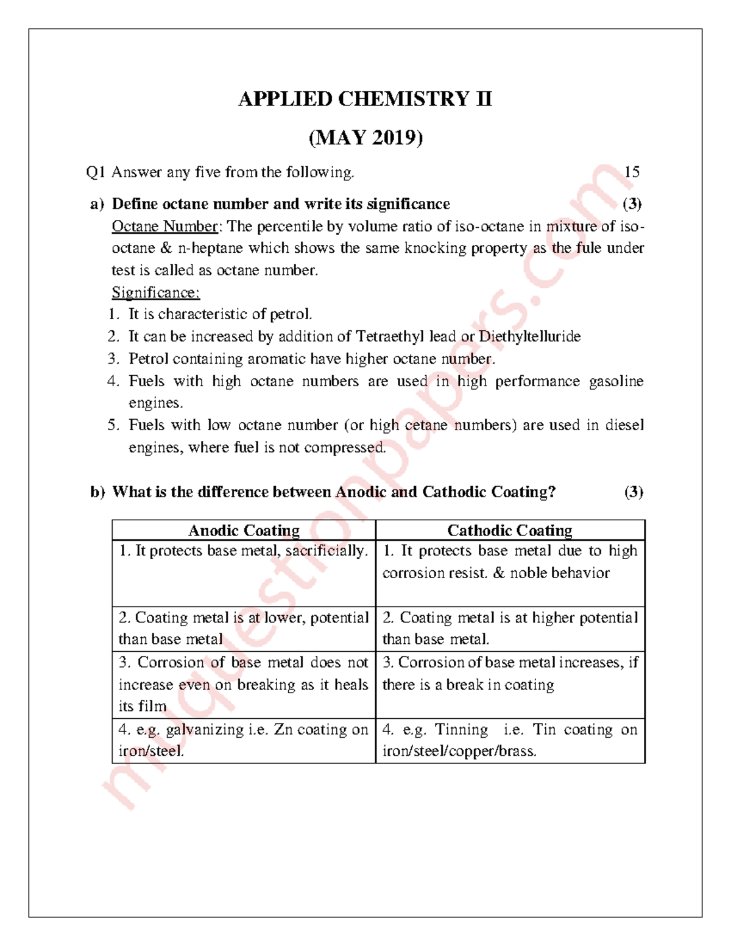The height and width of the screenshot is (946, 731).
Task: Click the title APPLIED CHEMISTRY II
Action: coord(365,99)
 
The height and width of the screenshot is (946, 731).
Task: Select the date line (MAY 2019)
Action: coord(365,138)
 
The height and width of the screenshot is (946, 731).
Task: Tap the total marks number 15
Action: coord(632,172)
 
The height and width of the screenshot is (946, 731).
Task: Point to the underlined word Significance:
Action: coord(155,292)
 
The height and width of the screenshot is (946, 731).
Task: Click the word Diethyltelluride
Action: coord(529,337)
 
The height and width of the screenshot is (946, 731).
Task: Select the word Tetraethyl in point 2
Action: coord(390,337)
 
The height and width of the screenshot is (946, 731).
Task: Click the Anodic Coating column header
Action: coord(244,531)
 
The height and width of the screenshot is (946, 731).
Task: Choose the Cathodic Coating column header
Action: coord(510,531)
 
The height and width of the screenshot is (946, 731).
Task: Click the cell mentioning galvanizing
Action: coord(244,740)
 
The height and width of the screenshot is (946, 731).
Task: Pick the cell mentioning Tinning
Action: coord(510,740)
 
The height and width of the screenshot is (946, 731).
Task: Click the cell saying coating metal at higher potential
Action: coord(510,628)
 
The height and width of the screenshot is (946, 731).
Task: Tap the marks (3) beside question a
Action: coord(632,204)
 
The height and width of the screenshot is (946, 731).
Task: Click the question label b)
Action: coord(97,492)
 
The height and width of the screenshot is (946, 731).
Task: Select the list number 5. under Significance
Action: coord(114,425)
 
